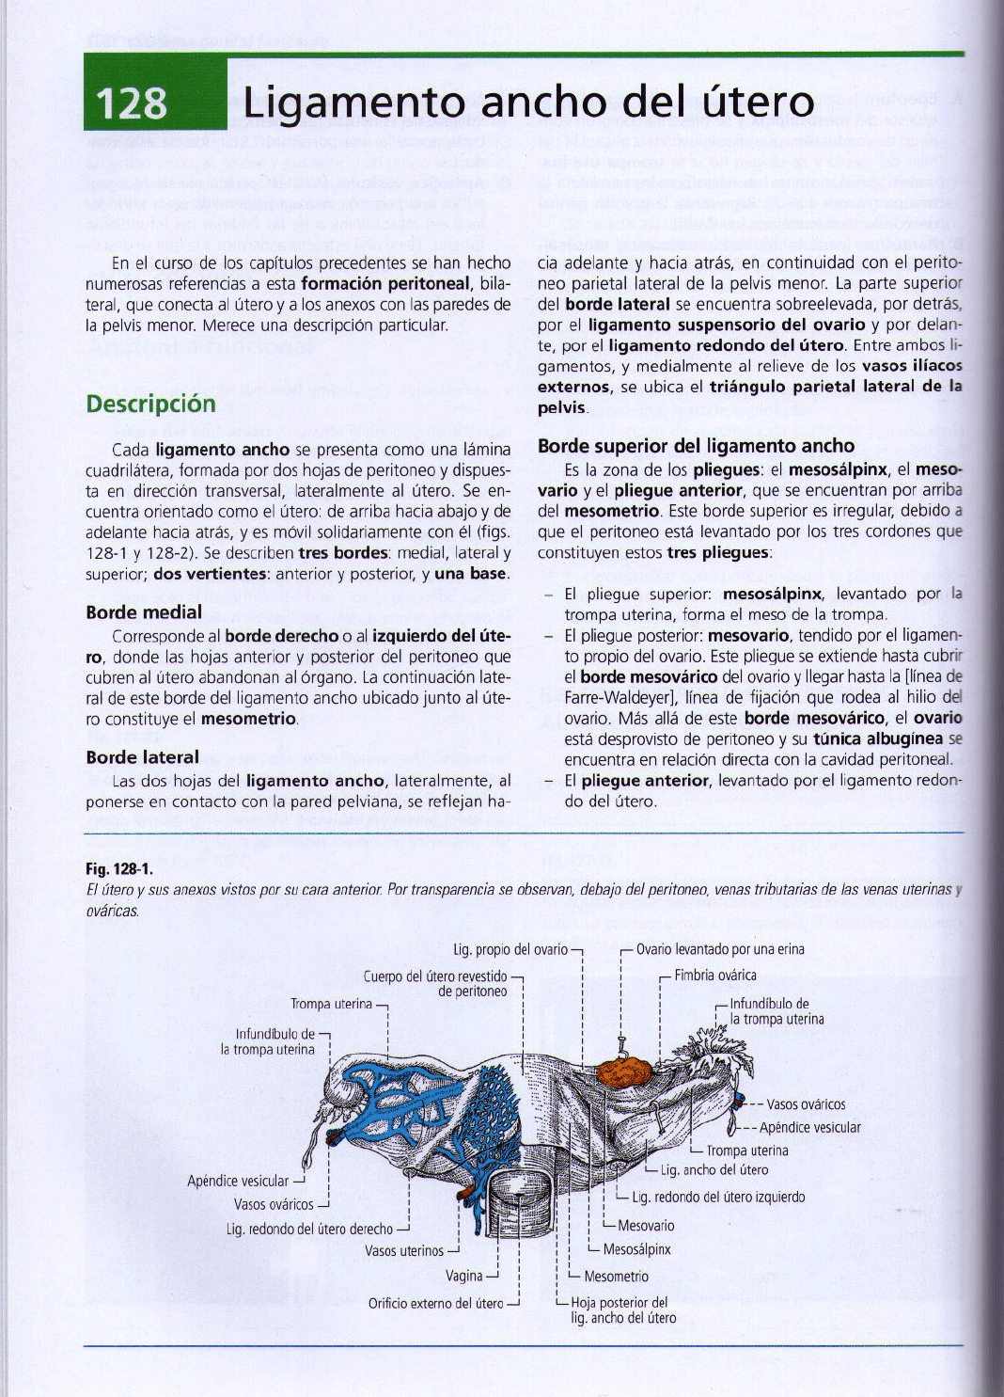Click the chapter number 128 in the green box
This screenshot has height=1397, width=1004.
(x=131, y=103)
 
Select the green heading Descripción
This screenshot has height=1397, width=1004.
(x=150, y=404)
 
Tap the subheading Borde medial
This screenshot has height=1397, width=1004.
(x=144, y=611)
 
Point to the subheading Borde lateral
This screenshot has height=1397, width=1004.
(x=142, y=757)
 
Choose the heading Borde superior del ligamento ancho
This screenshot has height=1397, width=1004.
(x=696, y=446)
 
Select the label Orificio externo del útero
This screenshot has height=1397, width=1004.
(x=436, y=1303)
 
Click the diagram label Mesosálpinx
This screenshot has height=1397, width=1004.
(x=636, y=1249)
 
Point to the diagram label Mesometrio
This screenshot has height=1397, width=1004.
(x=616, y=1277)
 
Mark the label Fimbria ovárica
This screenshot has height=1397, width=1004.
(x=714, y=976)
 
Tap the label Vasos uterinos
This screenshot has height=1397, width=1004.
(x=404, y=1251)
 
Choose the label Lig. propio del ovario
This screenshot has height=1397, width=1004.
(x=510, y=949)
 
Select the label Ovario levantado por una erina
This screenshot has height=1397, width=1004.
(x=720, y=949)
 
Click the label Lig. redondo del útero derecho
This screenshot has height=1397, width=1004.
(x=309, y=1229)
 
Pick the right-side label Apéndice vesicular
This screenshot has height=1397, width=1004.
(x=809, y=1127)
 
